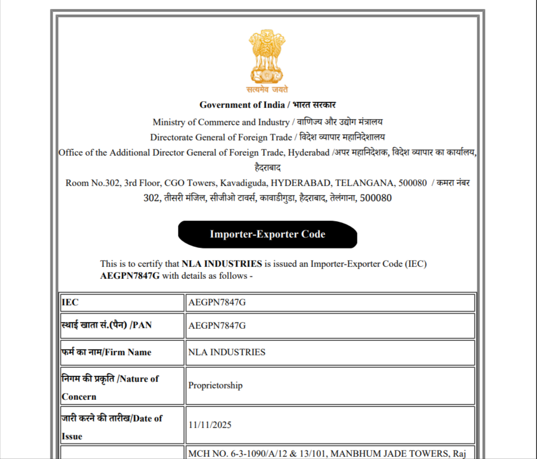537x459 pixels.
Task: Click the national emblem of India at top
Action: tap(267, 56)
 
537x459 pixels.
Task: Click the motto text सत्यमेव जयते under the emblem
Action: tap(267, 90)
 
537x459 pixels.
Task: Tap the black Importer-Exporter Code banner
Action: tap(267, 234)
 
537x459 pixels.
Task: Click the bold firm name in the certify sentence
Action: tap(222, 264)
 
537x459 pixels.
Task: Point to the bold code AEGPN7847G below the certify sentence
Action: tap(130, 276)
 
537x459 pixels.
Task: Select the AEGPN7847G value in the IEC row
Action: tap(217, 303)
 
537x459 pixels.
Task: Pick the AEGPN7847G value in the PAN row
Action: tap(217, 326)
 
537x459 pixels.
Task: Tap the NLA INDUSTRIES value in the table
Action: tap(227, 352)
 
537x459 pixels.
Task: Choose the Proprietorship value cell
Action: tap(215, 385)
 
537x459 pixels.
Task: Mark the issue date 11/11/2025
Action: tap(209, 424)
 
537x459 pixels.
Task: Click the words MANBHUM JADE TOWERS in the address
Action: tap(402, 453)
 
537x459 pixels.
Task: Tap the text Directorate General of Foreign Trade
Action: tap(221, 137)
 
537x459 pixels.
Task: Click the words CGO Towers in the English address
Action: tap(189, 183)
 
